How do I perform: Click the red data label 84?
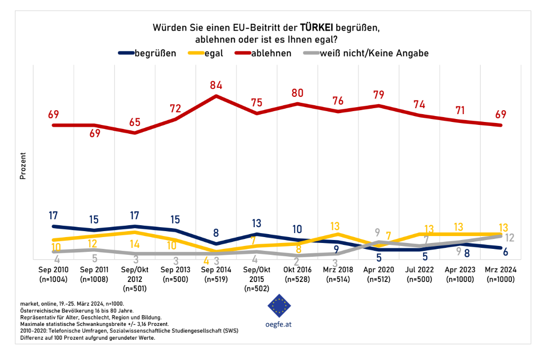216,85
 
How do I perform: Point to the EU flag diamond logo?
279,306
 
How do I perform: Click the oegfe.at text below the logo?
279,325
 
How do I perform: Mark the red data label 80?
297,93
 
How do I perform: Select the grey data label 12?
510,238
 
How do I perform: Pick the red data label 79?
379,95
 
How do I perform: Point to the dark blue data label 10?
297,230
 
